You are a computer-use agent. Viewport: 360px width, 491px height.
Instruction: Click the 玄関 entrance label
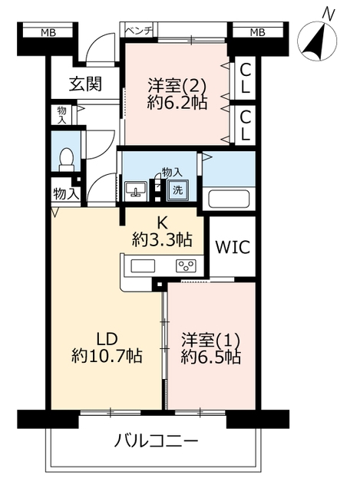click(85, 84)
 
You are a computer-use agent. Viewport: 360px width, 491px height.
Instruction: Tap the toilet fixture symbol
click(66, 160)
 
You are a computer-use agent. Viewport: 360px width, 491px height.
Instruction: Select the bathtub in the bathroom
click(229, 199)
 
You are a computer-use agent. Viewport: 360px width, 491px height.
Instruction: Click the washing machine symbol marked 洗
click(177, 189)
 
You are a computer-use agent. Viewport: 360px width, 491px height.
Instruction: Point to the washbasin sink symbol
click(136, 189)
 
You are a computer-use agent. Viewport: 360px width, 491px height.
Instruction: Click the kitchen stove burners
click(186, 266)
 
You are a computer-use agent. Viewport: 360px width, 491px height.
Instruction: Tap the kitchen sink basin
click(143, 266)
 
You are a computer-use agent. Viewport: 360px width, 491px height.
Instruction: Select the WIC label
click(233, 247)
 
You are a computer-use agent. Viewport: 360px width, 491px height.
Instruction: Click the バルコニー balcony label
click(156, 442)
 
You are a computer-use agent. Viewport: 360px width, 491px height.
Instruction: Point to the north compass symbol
click(317, 41)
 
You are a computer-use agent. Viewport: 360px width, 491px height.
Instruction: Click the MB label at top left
click(48, 32)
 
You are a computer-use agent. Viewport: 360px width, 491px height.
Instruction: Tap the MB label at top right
click(258, 32)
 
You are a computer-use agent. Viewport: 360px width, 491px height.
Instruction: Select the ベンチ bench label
click(139, 31)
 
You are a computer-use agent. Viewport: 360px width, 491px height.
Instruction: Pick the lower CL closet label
click(246, 126)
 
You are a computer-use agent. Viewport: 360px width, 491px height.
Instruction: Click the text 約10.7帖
click(107, 356)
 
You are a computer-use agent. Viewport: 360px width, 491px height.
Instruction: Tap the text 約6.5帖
click(211, 357)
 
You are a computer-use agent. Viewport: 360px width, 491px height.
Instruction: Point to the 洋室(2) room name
click(177, 85)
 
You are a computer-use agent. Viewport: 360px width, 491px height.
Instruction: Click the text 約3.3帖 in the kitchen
click(162, 240)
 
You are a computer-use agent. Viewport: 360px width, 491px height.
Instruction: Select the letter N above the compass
click(329, 15)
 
